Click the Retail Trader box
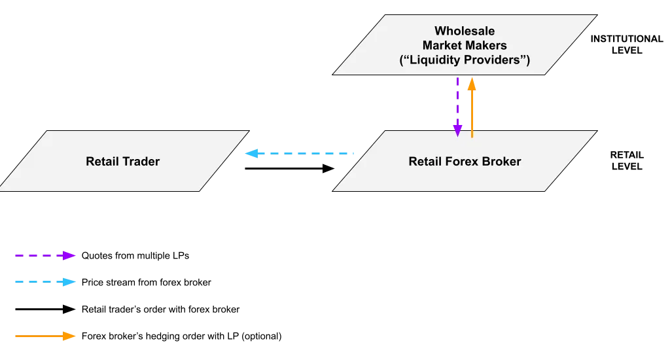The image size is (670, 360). (x=124, y=161)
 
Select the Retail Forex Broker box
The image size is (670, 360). (x=465, y=161)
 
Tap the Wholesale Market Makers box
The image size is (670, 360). (x=465, y=45)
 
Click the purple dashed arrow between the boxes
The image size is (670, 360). (x=457, y=107)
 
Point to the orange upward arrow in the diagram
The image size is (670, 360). (x=472, y=107)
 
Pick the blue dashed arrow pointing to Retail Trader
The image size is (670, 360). (x=299, y=153)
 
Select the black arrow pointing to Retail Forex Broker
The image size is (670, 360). (x=290, y=168)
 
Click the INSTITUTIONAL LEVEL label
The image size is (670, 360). (x=627, y=45)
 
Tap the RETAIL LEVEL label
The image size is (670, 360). (x=627, y=161)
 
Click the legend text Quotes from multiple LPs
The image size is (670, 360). (x=135, y=256)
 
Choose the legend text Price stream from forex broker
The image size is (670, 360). (x=146, y=282)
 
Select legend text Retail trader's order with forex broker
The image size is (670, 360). (x=161, y=309)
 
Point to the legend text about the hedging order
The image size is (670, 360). (x=182, y=336)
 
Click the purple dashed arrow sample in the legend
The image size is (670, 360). (x=45, y=256)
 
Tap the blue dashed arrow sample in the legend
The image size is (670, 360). (x=45, y=282)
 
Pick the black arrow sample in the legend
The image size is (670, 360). (x=45, y=309)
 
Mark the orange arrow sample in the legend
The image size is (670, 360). (x=45, y=336)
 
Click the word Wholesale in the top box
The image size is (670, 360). (x=465, y=31)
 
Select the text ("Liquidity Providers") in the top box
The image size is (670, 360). (x=465, y=60)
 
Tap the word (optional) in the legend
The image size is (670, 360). (x=262, y=336)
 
